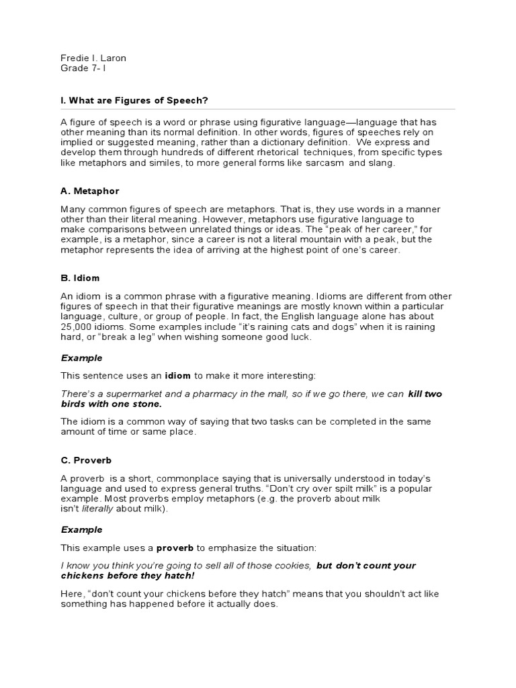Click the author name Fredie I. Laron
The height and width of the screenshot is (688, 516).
click(93, 58)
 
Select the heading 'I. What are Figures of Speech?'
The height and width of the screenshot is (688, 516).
click(134, 100)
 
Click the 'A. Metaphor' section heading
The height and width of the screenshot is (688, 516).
click(90, 191)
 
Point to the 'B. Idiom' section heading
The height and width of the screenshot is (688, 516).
click(81, 277)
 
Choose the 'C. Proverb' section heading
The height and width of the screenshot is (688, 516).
click(86, 460)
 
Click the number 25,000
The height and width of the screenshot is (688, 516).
click(77, 327)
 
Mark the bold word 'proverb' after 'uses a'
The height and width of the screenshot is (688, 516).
click(175, 548)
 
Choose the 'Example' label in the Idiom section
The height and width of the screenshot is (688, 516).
click(82, 358)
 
